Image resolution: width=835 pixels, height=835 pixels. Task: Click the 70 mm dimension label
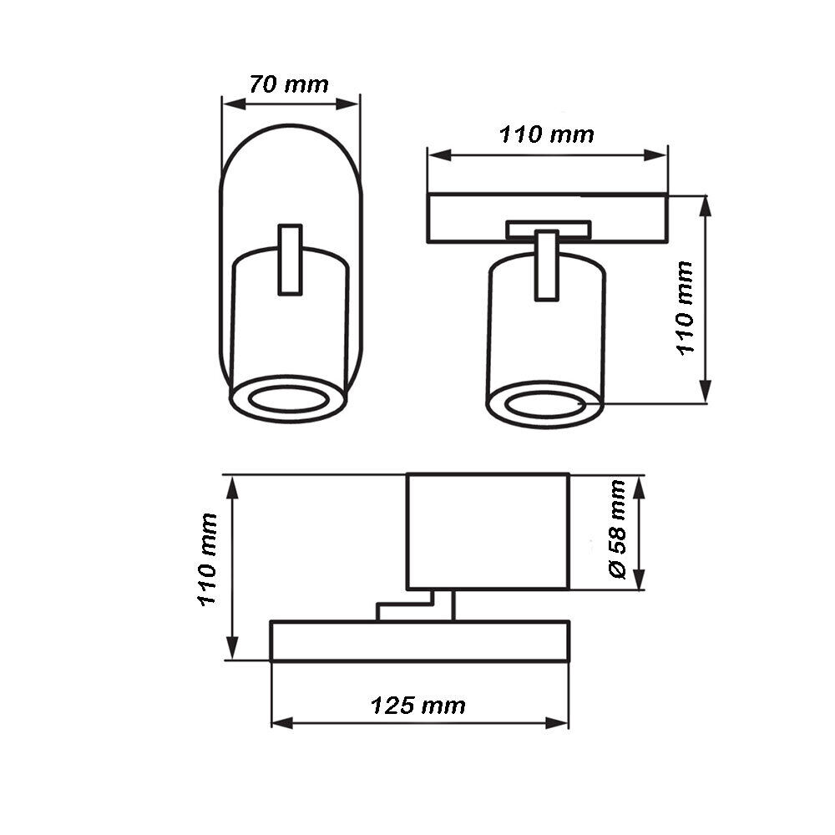pos(289,84)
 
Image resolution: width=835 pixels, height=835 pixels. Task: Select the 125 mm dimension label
pos(418,706)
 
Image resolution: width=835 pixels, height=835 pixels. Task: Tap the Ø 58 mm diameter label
pos(617,529)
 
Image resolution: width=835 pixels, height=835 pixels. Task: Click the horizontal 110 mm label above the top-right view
pos(547,134)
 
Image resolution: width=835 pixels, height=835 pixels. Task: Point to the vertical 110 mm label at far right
pos(686,308)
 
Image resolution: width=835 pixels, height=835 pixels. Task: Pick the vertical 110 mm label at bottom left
pos(208,559)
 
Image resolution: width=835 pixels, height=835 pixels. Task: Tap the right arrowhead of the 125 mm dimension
pos(557,723)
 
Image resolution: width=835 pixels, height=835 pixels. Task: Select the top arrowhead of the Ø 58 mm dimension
pos(639,487)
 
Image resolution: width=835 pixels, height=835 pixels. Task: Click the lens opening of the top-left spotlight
pos(288,399)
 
